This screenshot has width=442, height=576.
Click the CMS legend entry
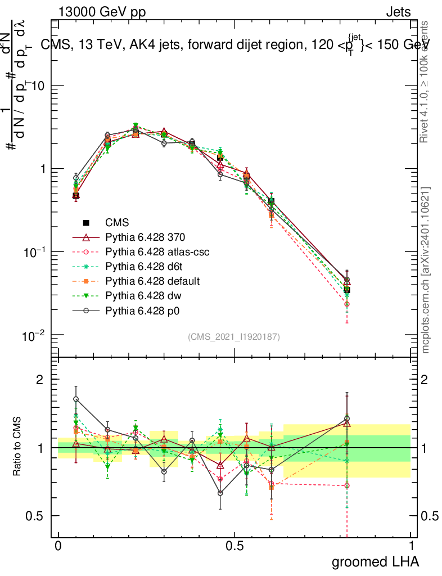click(117, 223)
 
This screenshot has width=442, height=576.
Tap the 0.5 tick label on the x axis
click(234, 546)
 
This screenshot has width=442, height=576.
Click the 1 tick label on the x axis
click(411, 546)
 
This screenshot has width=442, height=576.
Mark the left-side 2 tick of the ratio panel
click(40, 380)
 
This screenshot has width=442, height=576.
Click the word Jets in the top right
click(398, 12)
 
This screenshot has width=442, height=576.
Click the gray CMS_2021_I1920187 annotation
click(234, 336)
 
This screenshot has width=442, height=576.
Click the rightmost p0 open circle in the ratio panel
click(347, 418)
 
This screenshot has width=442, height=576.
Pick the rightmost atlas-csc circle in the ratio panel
click(347, 485)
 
